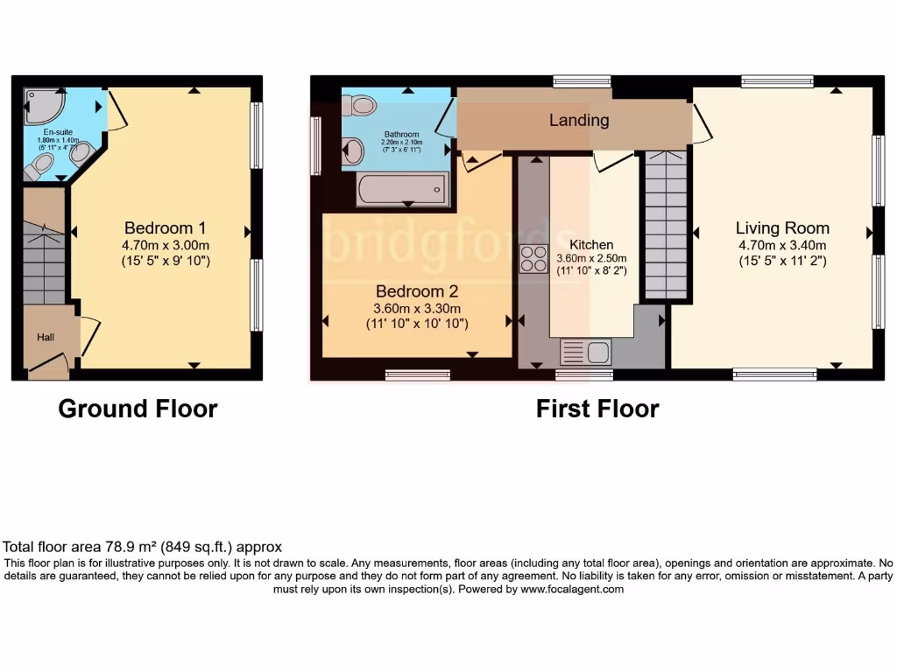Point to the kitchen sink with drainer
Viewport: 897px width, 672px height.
586,353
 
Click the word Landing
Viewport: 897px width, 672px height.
579,120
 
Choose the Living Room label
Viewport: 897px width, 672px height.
781,227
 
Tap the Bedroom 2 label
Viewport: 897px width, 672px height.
417,291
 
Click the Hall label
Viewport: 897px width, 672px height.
46,337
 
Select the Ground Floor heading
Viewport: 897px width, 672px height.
138,409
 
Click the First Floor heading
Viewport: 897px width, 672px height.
597,409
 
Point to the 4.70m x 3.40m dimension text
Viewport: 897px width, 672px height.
781,245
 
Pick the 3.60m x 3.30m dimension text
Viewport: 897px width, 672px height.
417,308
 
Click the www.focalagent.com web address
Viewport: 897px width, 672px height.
572,590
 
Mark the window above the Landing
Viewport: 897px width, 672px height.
582,81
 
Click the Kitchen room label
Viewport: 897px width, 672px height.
591,244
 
